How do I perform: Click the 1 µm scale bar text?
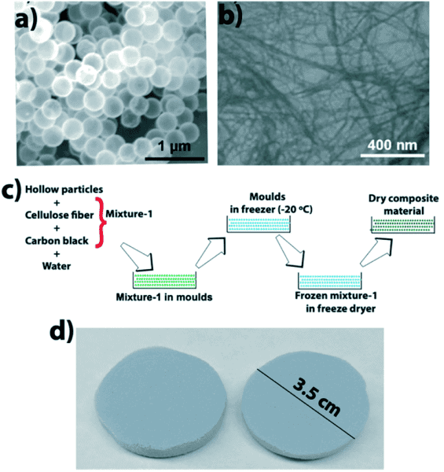tap(174, 146)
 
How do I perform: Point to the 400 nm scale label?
tap(393, 146)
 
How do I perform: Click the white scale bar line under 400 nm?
tap(392, 156)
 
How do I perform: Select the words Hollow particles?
tap(64, 190)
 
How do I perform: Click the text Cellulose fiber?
tap(59, 216)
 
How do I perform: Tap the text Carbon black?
tap(57, 241)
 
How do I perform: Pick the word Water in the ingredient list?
tap(57, 266)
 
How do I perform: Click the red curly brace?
tap(101, 223)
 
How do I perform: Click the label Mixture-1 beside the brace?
tap(129, 214)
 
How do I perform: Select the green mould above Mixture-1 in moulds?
tap(164, 280)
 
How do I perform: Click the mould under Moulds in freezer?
tap(259, 224)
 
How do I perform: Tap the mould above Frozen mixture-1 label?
tap(329, 281)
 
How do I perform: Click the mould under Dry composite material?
tap(403, 225)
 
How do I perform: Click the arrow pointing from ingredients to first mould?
tap(137, 256)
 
